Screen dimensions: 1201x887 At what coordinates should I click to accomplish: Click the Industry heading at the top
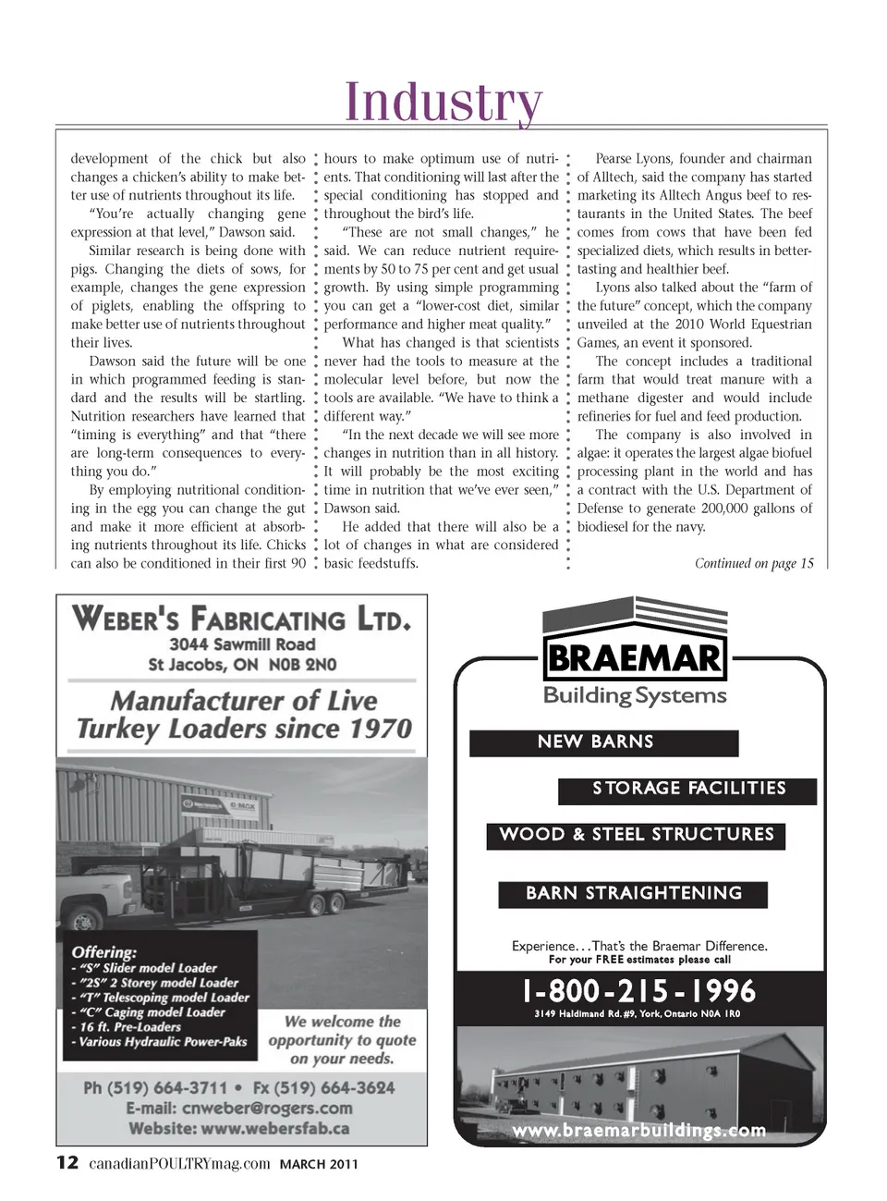[443, 101]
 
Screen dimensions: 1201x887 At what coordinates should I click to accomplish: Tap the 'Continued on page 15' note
[754, 563]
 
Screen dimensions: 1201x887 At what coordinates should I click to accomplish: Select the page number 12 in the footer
[67, 1162]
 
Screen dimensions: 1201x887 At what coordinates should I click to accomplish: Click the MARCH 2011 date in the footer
[319, 1164]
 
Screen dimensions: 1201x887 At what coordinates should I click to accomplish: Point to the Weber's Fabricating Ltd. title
[241, 618]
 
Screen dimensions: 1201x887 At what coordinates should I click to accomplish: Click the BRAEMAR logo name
[634, 658]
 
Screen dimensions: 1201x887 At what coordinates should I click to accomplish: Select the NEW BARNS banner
[596, 742]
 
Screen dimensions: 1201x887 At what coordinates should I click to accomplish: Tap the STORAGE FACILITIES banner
[688, 789]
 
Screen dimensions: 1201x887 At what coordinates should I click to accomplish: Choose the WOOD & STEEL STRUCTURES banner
[637, 835]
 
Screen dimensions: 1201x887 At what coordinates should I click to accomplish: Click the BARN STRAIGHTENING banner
[634, 893]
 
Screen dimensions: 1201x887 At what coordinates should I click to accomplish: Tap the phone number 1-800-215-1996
[638, 991]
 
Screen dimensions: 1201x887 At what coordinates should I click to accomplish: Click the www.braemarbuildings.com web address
[638, 1130]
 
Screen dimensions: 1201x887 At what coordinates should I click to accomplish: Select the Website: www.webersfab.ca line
[239, 1128]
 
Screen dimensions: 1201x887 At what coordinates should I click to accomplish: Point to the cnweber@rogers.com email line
[239, 1108]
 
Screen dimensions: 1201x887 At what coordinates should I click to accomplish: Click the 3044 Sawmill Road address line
[242, 644]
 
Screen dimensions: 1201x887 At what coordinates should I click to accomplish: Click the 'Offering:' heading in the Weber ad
[103, 951]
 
